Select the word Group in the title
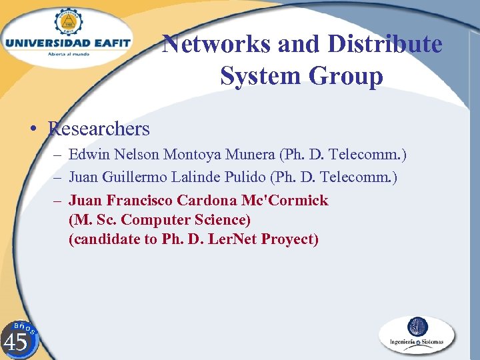(350, 77)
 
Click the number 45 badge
(16, 341)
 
